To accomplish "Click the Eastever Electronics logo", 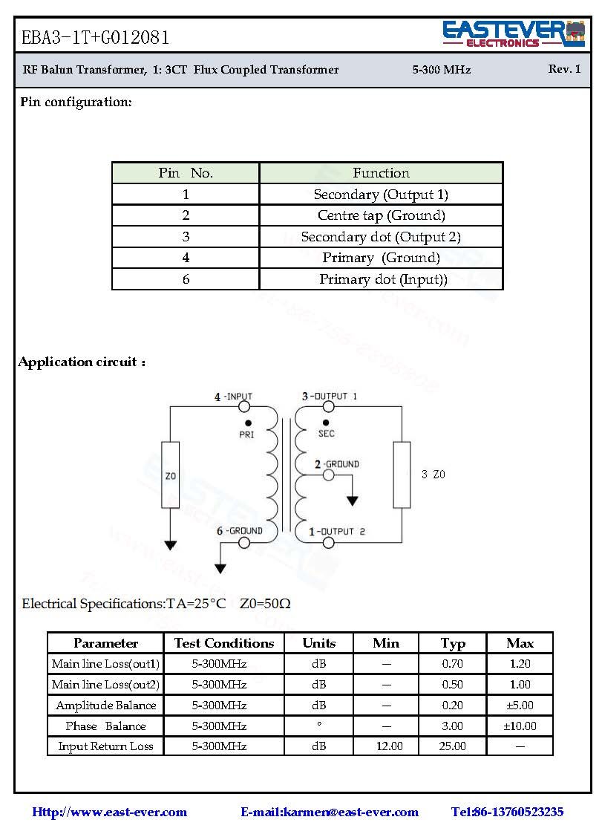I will pyautogui.click(x=513, y=34).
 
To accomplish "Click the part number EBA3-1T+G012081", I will pyautogui.click(x=95, y=37).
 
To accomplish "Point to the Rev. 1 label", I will pyautogui.click(x=564, y=69).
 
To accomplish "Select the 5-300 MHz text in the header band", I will pyautogui.click(x=441, y=70).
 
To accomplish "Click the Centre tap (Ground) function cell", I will pyautogui.click(x=381, y=215).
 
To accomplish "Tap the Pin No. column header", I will pyautogui.click(x=186, y=173).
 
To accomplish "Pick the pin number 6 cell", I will pyautogui.click(x=186, y=279).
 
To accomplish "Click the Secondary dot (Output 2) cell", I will pyautogui.click(x=381, y=237).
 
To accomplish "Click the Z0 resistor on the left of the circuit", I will pyautogui.click(x=171, y=475).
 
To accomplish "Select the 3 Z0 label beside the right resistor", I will pyautogui.click(x=433, y=475).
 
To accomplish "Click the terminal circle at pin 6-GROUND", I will pyautogui.click(x=244, y=543).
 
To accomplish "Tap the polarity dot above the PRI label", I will pyautogui.click(x=247, y=423).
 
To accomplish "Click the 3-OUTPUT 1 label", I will pyautogui.click(x=329, y=397).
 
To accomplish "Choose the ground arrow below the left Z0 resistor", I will pyautogui.click(x=171, y=545).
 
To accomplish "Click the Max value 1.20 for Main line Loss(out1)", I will pyautogui.click(x=520, y=664).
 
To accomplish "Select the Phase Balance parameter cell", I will pyautogui.click(x=105, y=726).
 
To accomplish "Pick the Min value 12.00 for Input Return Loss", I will pyautogui.click(x=386, y=746).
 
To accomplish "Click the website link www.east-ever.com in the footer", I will pyautogui.click(x=109, y=812).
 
